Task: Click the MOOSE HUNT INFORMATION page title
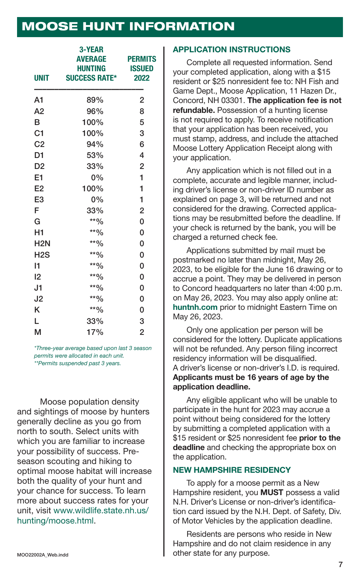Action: pyautogui.click(x=128, y=27)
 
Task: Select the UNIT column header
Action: pyautogui.click(x=42, y=78)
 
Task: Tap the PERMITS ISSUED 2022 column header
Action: pyautogui.click(x=142, y=69)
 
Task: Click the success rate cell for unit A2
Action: pyautogui.click(x=95, y=111)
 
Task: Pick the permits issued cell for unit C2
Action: pyautogui.click(x=142, y=144)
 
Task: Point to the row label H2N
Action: pyautogui.click(x=42, y=244)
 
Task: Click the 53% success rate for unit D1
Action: pyautogui.click(x=95, y=155)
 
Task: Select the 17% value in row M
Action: pyautogui.click(x=95, y=332)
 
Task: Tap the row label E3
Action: pyautogui.click(x=39, y=200)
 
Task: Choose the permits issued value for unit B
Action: pyautogui.click(x=142, y=122)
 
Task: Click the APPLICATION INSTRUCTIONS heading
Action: pyautogui.click(x=232, y=50)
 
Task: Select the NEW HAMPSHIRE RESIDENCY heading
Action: pyautogui.click(x=232, y=470)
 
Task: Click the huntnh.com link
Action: pyautogui.click(x=195, y=307)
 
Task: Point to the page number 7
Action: pyautogui.click(x=340, y=565)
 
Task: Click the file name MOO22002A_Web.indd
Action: pyautogui.click(x=43, y=555)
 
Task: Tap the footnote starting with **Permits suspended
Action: pyautogui.click(x=77, y=363)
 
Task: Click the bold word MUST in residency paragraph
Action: pyautogui.click(x=272, y=492)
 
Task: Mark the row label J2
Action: pyautogui.click(x=39, y=299)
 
